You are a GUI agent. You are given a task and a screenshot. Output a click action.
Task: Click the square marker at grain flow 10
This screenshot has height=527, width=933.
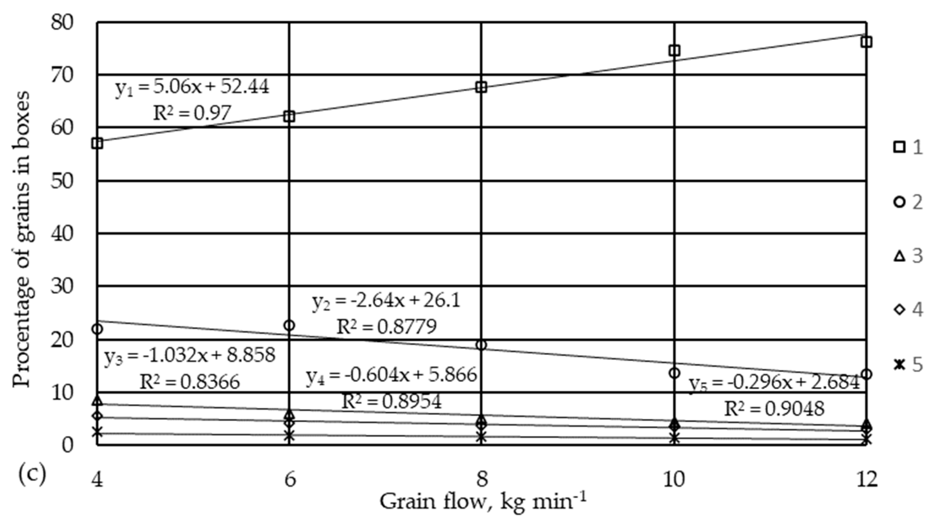tap(674, 50)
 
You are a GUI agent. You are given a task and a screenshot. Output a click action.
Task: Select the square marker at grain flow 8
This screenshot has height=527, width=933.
tap(481, 87)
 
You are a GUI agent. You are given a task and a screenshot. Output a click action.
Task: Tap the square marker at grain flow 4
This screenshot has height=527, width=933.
tap(97, 143)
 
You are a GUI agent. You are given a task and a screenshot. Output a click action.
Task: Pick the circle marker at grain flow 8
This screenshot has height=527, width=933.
tap(481, 345)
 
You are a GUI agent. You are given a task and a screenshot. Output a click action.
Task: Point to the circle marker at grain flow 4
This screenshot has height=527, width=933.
tap(97, 329)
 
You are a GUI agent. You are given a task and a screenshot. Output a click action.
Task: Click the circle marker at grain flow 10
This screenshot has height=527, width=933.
tap(674, 373)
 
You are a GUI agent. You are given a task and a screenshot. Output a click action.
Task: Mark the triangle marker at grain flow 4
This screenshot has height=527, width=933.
tap(97, 400)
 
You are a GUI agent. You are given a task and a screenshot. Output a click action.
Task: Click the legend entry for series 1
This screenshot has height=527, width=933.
tap(908, 148)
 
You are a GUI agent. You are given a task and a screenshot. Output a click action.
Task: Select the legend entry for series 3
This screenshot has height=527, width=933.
tap(908, 256)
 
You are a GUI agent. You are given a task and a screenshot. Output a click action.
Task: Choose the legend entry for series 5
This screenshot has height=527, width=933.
tap(908, 365)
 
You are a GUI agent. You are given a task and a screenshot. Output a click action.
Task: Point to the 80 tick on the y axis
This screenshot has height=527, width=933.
tap(62, 23)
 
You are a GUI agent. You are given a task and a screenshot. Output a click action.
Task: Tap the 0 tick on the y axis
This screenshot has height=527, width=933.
tap(67, 445)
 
